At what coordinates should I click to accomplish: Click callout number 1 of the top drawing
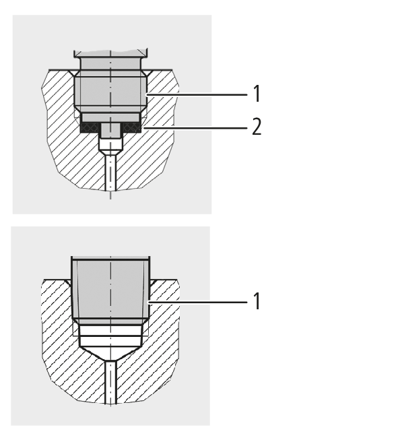pyautogui.click(x=257, y=94)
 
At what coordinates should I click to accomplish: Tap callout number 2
pyautogui.click(x=257, y=127)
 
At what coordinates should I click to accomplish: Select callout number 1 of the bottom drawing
pyautogui.click(x=257, y=301)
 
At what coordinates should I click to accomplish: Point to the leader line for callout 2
pyautogui.click(x=195, y=128)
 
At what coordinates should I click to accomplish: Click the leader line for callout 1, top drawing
pyautogui.click(x=197, y=95)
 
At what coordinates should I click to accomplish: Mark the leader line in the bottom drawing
pyautogui.click(x=197, y=302)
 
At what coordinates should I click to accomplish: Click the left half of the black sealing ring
pyautogui.click(x=90, y=127)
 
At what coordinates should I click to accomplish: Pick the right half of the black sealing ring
pyautogui.click(x=131, y=127)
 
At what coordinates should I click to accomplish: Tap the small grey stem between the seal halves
pyautogui.click(x=111, y=131)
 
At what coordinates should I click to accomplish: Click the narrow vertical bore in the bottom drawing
pyautogui.click(x=111, y=382)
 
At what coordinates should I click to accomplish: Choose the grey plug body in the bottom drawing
pyautogui.click(x=111, y=290)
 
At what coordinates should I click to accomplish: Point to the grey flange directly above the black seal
pyautogui.click(x=111, y=117)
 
